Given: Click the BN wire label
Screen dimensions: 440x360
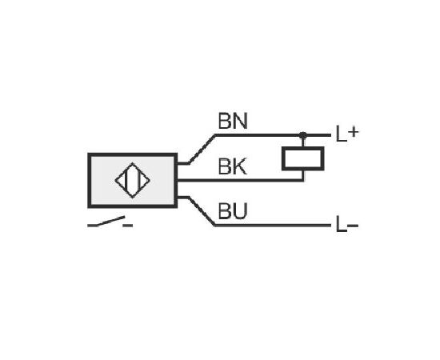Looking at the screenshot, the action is (x=233, y=121).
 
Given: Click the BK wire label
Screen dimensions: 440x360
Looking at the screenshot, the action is (x=232, y=166).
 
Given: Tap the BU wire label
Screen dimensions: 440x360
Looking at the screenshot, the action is (x=233, y=211).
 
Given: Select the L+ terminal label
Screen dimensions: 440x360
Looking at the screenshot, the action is (x=347, y=134).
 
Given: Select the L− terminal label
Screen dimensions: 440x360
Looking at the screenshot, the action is (x=347, y=225).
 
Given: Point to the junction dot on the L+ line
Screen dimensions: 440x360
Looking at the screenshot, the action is (x=302, y=135).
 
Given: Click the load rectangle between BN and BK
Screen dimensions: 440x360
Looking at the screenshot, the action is (x=303, y=158).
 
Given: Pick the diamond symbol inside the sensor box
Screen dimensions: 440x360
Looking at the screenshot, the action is (x=133, y=181).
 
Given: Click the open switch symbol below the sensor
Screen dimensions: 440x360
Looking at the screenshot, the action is (x=110, y=222).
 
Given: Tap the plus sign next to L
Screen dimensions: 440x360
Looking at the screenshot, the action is (x=354, y=131).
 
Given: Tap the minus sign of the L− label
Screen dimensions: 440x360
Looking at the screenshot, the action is (x=353, y=225).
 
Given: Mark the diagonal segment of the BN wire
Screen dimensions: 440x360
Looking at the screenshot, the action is (x=202, y=150).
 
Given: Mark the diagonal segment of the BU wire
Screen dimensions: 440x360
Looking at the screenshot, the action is (x=202, y=211).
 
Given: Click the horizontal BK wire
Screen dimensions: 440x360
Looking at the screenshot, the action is (x=240, y=180).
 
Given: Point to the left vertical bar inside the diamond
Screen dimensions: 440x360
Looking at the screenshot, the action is (x=126, y=180).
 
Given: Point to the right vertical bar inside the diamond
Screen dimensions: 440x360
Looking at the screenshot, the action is (x=138, y=180).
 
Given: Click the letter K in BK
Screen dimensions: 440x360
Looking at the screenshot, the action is (x=240, y=166).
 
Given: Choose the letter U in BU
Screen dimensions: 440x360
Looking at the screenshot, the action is (x=241, y=211).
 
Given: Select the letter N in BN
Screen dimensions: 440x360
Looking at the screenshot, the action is (x=241, y=121).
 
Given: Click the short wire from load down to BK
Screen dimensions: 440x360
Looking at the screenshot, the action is (x=303, y=175).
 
